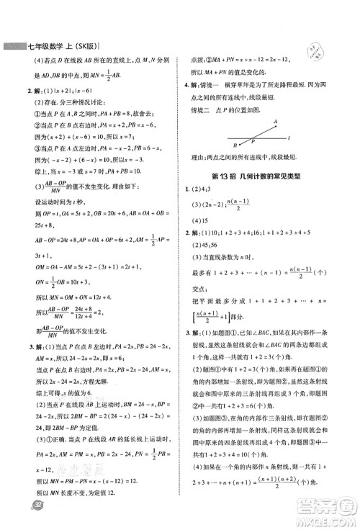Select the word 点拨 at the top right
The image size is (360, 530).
199,60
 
